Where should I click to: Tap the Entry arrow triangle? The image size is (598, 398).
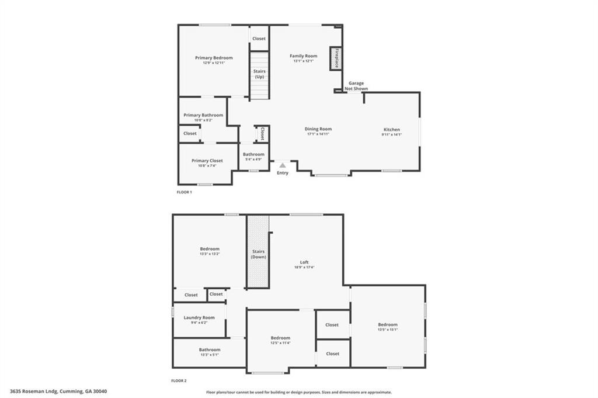coord(283,166)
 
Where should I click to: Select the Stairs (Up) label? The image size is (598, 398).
coord(259,74)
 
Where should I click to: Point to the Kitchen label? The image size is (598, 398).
coord(392,129)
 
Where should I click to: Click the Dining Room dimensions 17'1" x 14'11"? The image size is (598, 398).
coord(318,134)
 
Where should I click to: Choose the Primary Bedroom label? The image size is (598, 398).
coord(214,58)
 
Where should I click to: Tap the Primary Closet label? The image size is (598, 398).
coord(207,161)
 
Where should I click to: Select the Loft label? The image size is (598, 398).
coord(304,262)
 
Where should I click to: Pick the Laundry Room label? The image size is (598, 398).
coord(199,318)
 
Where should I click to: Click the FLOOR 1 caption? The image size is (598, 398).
coord(185,192)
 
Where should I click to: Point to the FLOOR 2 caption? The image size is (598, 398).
coord(179,380)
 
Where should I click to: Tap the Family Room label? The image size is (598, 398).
coord(304,56)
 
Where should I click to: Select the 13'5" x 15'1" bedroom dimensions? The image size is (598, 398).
coord(388,330)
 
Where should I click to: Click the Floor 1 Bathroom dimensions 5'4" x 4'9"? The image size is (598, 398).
coord(253,159)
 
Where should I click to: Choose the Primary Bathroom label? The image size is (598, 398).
coord(203,115)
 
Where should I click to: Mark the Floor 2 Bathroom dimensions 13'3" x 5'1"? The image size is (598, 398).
coord(209,355)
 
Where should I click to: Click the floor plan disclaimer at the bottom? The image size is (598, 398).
coord(298,393)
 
